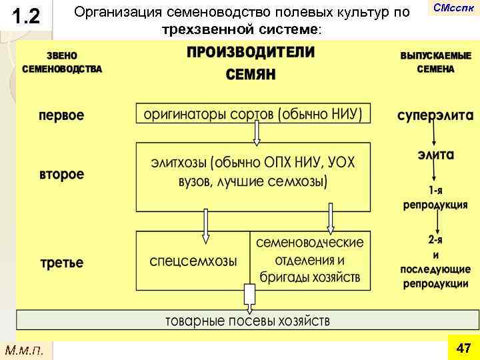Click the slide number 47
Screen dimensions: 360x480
tap(463, 348)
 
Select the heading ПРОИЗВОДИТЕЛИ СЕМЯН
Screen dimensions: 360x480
tap(250, 63)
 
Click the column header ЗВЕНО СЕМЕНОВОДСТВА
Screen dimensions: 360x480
tap(62, 62)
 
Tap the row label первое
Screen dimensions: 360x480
tap(61, 115)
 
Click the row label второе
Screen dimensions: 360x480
tap(61, 175)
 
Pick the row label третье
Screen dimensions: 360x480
tap(61, 262)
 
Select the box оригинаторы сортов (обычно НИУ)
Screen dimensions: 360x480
tap(253, 114)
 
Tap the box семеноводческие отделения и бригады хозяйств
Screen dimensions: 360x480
tap(310, 259)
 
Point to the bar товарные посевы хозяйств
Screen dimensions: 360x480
tap(247, 321)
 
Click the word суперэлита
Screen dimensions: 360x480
tap(435, 115)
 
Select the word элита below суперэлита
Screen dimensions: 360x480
tap(436, 154)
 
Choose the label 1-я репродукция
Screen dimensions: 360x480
tap(435, 198)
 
